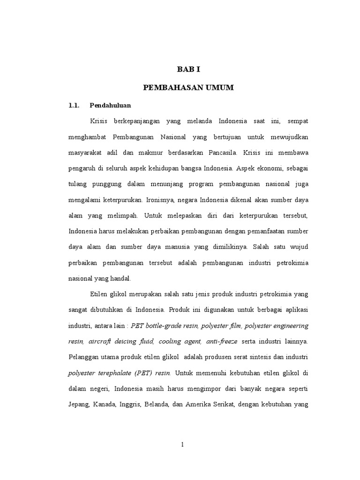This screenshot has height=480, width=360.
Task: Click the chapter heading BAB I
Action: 188,69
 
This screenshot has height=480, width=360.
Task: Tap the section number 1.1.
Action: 75,105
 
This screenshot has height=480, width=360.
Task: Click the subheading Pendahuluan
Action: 110,105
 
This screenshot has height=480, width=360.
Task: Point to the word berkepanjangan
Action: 134,121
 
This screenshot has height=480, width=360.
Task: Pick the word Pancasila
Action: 221,152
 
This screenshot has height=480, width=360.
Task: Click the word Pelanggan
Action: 85,357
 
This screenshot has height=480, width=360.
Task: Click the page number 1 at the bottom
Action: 182,445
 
